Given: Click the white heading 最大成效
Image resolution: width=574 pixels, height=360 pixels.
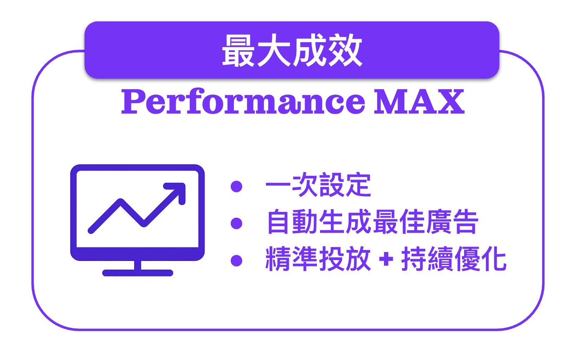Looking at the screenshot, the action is point(292,50).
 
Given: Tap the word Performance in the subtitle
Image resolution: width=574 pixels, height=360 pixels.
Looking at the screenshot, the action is point(243,101).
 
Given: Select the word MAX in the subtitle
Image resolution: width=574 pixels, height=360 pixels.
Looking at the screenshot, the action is point(419,102).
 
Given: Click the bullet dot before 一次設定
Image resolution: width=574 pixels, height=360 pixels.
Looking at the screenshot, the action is point(236,186).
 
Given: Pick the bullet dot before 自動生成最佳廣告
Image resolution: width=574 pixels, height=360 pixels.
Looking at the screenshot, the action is point(236,223).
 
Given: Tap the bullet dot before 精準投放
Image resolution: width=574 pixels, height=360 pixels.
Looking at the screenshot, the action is point(236,261).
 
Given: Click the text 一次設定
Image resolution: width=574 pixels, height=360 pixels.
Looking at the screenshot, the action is point(318,185).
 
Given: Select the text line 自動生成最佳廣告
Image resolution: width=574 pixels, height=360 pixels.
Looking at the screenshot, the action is point(372,221).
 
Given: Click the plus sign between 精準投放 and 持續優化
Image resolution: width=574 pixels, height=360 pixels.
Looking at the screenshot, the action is point(386,259).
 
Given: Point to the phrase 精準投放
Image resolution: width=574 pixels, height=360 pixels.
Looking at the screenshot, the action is point(318,259).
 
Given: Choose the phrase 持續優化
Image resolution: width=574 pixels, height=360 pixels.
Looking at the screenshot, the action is point(454,259).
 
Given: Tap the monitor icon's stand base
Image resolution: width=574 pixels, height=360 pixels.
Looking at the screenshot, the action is point(138,273).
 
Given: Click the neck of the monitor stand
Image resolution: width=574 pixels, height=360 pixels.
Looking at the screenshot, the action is point(138,265).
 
